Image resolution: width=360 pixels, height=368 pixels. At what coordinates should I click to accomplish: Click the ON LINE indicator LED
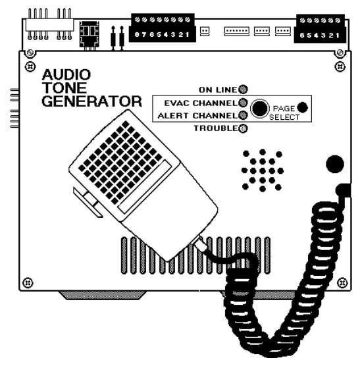point(243,89)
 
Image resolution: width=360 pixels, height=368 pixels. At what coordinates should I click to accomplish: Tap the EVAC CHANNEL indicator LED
point(243,103)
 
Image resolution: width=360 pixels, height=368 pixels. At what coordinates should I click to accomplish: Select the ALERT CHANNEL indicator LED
point(243,115)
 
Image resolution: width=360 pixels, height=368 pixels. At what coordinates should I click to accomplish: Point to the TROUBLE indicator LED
point(243,128)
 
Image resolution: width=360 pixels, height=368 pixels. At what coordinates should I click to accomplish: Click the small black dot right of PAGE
point(302,107)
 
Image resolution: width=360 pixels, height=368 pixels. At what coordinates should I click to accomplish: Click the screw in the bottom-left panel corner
point(27,283)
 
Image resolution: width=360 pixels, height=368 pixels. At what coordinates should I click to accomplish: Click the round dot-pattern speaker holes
point(261,169)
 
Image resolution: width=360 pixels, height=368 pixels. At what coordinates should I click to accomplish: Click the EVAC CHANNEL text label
point(195,103)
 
